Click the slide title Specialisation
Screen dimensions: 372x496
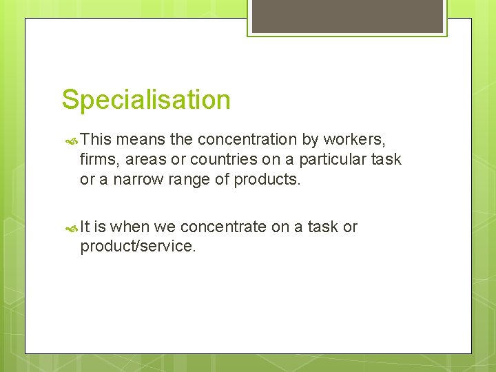click(146, 101)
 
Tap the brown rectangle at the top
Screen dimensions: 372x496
click(347, 17)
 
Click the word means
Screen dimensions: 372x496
click(141, 140)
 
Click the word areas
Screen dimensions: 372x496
click(147, 160)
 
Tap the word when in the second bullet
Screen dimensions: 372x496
click(130, 227)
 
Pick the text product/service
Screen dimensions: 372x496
click(138, 247)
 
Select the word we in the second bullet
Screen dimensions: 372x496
click(164, 227)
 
